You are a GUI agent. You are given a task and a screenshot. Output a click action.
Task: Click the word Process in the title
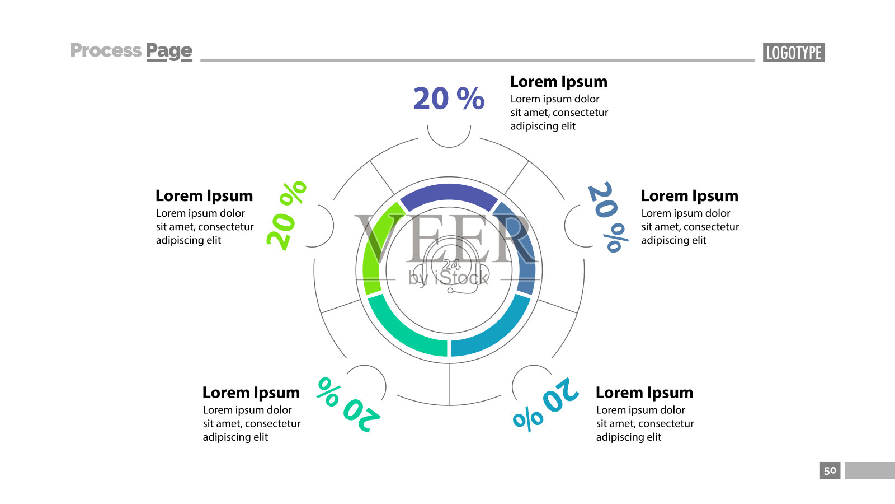106,50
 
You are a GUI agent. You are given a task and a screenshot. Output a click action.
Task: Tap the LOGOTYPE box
794,53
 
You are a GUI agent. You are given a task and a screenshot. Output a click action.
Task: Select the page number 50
830,470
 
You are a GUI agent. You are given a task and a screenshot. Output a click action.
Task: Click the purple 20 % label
449,99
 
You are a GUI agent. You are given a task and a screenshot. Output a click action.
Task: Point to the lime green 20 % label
286,216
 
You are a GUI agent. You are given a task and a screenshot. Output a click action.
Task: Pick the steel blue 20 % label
608,217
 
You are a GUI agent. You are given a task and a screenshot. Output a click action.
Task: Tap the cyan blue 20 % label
546,404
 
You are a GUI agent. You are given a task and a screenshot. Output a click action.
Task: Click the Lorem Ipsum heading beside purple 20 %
559,82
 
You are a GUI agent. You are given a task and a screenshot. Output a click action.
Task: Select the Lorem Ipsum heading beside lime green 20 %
204,196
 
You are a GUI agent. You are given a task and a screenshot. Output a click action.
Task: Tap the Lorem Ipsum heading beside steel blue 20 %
690,196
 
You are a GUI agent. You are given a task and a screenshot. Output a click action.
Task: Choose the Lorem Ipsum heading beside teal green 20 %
251,393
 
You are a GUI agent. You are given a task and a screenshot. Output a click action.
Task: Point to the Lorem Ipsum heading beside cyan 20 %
644,393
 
